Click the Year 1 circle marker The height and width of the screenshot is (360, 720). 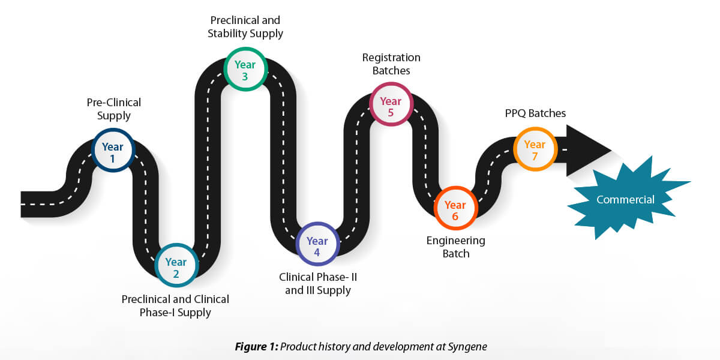[113, 151]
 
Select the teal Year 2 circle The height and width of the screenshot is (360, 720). [176, 266]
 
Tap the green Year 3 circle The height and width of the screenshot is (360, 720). [245, 69]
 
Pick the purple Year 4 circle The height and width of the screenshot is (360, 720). [317, 245]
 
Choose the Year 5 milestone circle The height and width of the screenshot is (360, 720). [391, 105]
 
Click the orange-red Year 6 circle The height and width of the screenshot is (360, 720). [455, 208]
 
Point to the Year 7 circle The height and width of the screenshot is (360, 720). [535, 148]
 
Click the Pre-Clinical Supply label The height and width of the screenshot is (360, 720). [114, 109]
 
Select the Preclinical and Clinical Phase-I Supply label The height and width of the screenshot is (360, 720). [175, 305]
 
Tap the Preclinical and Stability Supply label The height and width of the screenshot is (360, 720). [245, 27]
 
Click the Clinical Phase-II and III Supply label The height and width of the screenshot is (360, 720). [318, 284]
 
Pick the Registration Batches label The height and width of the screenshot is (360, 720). [391, 64]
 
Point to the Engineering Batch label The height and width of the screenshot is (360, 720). [456, 247]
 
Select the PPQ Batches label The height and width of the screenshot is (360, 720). [535, 113]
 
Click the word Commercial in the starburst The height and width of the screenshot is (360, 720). [625, 200]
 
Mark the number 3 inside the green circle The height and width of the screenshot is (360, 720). [245, 76]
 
